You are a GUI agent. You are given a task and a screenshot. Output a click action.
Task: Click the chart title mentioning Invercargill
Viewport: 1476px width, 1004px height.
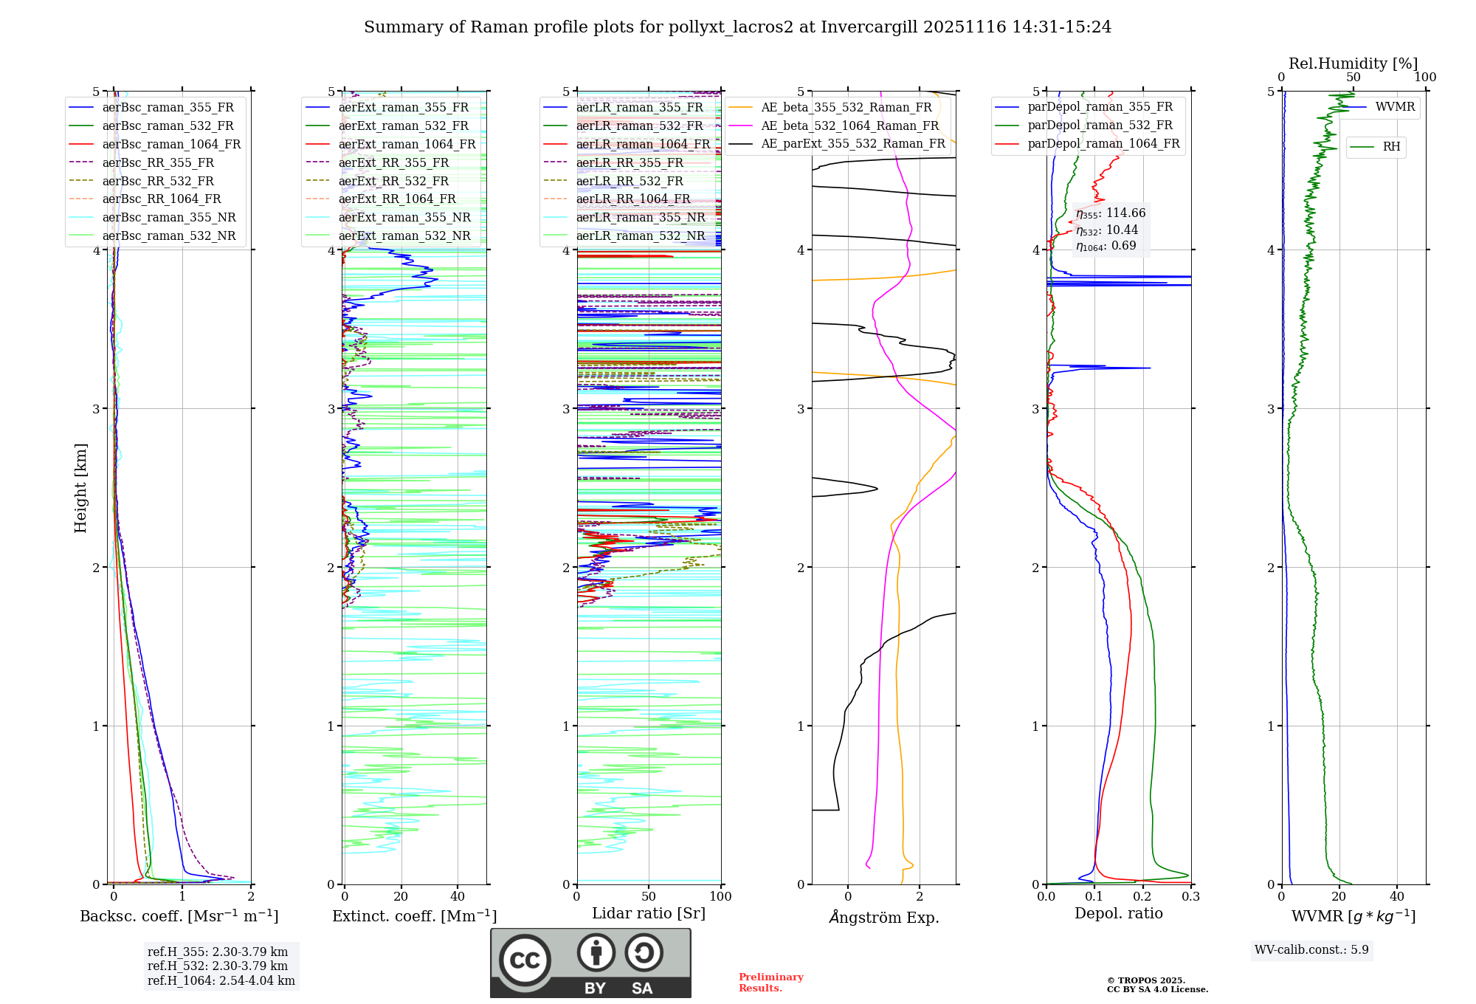(737, 27)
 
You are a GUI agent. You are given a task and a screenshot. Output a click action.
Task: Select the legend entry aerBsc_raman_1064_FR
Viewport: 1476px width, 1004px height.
(171, 144)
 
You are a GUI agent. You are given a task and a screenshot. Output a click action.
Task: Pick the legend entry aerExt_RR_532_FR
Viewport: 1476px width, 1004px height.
(393, 181)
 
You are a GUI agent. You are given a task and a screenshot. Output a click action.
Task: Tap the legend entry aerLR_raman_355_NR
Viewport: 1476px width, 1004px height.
(641, 217)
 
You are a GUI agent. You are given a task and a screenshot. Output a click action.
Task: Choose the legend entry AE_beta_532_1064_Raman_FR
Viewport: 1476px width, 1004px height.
(849, 125)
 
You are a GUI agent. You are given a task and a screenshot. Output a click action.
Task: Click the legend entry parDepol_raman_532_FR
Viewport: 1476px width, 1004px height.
(1100, 125)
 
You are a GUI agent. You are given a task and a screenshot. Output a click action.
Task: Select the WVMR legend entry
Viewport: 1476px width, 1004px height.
(1395, 107)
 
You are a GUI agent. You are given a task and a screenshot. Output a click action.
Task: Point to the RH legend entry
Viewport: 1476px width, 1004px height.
(1391, 147)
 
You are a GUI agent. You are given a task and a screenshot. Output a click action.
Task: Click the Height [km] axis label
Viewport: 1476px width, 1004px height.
(80, 487)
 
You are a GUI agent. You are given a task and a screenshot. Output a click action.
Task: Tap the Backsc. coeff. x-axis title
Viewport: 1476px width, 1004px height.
(179, 916)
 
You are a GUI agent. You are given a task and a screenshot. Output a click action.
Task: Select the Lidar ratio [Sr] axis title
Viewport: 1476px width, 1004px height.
(649, 913)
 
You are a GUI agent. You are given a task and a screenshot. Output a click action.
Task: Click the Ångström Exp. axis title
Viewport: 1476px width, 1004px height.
(884, 917)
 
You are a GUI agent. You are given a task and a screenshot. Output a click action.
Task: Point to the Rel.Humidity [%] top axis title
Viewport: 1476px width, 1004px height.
(1353, 63)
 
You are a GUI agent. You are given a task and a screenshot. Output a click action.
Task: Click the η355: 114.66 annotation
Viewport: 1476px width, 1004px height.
(1111, 213)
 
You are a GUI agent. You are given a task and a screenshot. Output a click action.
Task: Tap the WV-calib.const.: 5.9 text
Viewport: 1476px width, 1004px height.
(1311, 949)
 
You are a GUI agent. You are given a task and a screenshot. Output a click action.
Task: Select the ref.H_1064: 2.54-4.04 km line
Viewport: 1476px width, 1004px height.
(221, 980)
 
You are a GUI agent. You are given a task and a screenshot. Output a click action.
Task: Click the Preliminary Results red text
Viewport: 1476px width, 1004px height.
(770, 982)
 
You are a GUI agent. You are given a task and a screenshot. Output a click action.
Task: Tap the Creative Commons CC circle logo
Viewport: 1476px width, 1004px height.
(525, 960)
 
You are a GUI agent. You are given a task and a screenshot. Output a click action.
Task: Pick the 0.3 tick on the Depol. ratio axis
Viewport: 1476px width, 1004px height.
(1190, 896)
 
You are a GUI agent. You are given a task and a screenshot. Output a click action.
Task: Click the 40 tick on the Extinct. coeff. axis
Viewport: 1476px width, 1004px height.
(458, 896)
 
